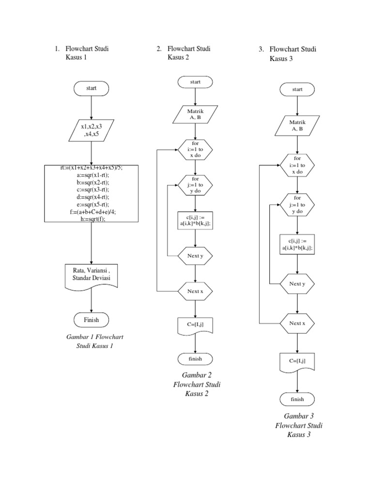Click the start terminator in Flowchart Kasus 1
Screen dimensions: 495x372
pyautogui.click(x=92, y=88)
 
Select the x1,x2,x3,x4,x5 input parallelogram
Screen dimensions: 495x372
pyautogui.click(x=92, y=131)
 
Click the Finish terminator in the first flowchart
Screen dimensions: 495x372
pyautogui.click(x=92, y=320)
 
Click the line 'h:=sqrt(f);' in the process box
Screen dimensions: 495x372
pyautogui.click(x=91, y=218)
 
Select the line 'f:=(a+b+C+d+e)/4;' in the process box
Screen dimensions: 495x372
pyautogui.click(x=91, y=211)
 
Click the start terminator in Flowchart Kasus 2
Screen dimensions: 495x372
pyautogui.click(x=195, y=82)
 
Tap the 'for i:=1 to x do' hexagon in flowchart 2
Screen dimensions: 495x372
pyautogui.click(x=195, y=150)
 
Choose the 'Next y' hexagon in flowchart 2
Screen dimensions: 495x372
pyautogui.click(x=195, y=256)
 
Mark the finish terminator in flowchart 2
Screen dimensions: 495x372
pyautogui.click(x=195, y=359)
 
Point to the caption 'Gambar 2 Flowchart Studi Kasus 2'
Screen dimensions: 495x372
pyautogui.click(x=196, y=384)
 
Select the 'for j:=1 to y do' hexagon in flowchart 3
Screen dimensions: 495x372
pyautogui.click(x=297, y=204)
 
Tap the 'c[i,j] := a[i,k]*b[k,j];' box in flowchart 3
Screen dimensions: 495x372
pyautogui.click(x=297, y=244)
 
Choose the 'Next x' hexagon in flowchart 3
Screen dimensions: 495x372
pyautogui.click(x=297, y=323)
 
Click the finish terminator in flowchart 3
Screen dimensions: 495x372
pyautogui.click(x=297, y=399)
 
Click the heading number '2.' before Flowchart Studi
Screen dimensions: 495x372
pyautogui.click(x=159, y=48)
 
